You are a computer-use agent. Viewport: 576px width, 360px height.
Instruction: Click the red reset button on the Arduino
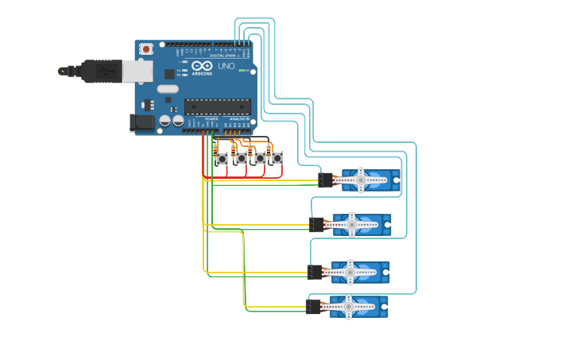pyautogui.click(x=146, y=49)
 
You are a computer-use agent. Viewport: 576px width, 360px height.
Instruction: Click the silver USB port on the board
pyautogui.click(x=137, y=71)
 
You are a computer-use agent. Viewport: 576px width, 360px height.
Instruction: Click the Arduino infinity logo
pyautogui.click(x=202, y=66)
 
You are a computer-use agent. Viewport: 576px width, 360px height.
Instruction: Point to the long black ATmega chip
pyautogui.click(x=217, y=106)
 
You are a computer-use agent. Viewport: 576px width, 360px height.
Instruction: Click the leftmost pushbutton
pyautogui.click(x=222, y=159)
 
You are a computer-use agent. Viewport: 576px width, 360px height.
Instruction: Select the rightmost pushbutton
pyautogui.click(x=277, y=158)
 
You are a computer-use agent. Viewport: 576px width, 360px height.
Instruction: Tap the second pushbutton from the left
pyautogui.click(x=241, y=158)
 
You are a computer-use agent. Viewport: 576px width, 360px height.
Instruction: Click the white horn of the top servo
pyautogui.click(x=361, y=180)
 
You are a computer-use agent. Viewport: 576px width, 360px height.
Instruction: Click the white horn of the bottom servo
pyautogui.click(x=348, y=306)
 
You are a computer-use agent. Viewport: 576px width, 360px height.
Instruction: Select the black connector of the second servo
pyautogui.click(x=317, y=225)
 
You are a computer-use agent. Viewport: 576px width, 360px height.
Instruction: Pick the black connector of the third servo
pyautogui.click(x=315, y=273)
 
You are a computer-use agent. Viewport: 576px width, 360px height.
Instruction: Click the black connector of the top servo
pyautogui.click(x=326, y=180)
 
